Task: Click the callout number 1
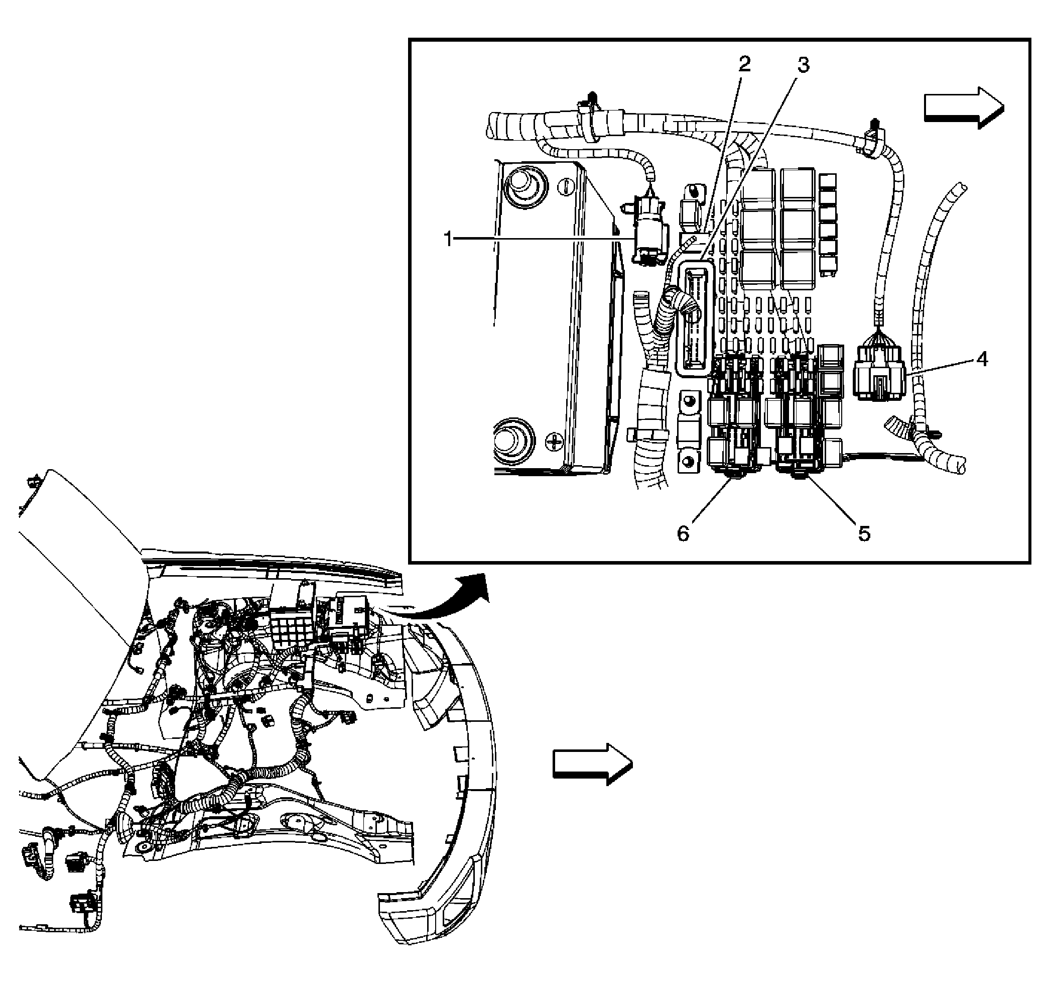pyautogui.click(x=448, y=240)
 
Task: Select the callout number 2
pyautogui.click(x=744, y=64)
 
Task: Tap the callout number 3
pyautogui.click(x=803, y=65)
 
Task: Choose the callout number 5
pyautogui.click(x=864, y=534)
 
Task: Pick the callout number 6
pyautogui.click(x=684, y=534)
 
